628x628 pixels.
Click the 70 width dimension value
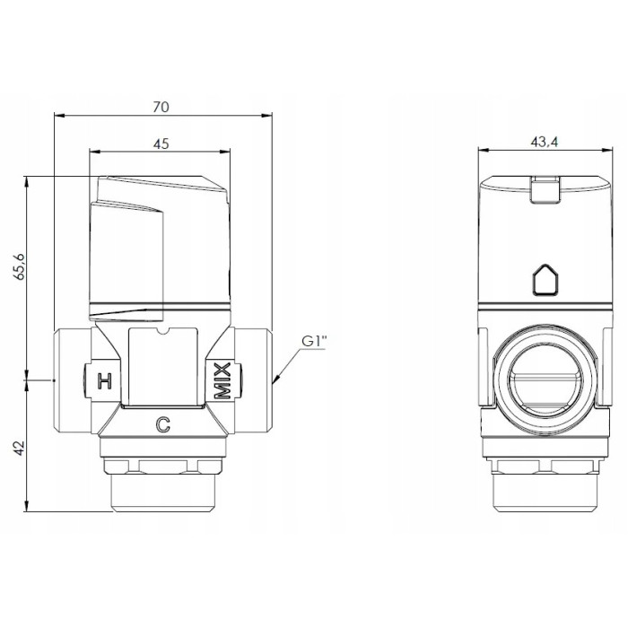click(161, 106)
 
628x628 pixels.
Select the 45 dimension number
click(161, 143)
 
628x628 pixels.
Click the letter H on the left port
click(104, 379)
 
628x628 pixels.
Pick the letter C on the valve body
click(162, 426)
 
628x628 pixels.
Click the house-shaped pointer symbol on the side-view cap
click(545, 280)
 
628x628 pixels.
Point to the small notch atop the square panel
click(162, 335)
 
